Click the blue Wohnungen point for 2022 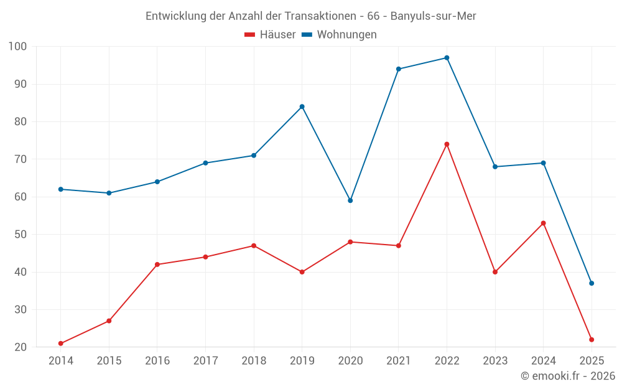(x=447, y=58)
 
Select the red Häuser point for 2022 (x=447, y=144)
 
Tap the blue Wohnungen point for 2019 (x=302, y=106)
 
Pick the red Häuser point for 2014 (x=61, y=344)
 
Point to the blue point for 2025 (x=592, y=283)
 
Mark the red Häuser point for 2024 (x=544, y=223)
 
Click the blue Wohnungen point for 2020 (x=350, y=200)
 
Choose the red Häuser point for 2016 (x=157, y=265)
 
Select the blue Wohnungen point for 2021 (x=399, y=69)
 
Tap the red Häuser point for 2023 (x=495, y=272)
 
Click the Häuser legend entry (x=270, y=35)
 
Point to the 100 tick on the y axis (x=18, y=47)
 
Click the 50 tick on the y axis (x=21, y=235)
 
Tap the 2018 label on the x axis (x=254, y=361)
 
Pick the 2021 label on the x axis (x=399, y=361)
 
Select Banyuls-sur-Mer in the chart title (x=433, y=16)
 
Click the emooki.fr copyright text (x=568, y=376)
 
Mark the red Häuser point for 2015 (x=109, y=321)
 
